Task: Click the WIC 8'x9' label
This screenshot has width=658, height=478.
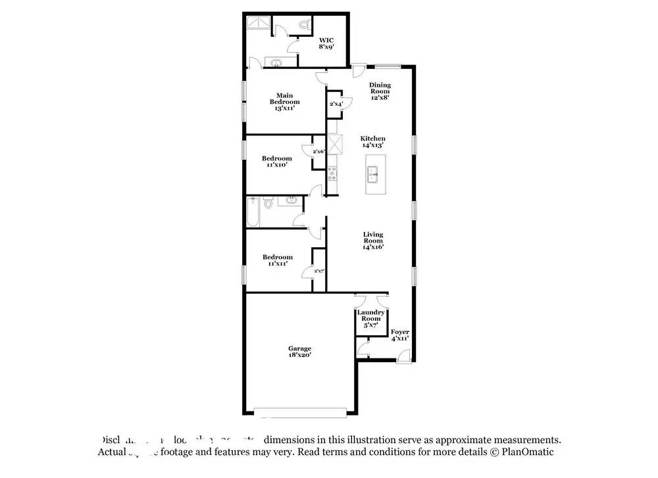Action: tap(326, 44)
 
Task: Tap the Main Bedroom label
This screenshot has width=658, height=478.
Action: tap(284, 102)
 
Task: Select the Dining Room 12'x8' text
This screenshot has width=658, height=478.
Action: tap(380, 91)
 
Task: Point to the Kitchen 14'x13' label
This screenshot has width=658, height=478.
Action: tap(372, 141)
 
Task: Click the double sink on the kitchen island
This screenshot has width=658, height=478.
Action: tap(372, 175)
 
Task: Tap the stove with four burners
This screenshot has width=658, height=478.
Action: tap(332, 174)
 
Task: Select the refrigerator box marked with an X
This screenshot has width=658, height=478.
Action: tap(332, 143)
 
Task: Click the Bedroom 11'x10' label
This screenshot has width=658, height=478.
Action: tap(276, 162)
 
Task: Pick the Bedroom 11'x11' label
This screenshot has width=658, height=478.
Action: tap(277, 260)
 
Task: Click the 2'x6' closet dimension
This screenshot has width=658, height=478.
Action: tap(319, 152)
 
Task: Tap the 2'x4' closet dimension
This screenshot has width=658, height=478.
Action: tap(336, 104)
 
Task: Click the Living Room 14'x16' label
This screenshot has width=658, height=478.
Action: tap(373, 240)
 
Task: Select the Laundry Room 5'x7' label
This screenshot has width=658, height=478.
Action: tap(370, 319)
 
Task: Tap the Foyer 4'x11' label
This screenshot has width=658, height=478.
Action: tap(400, 335)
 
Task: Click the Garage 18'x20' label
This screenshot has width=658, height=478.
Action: tap(299, 352)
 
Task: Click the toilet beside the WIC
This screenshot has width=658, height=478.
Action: tap(303, 25)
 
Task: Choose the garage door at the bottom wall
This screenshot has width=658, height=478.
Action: tap(300, 412)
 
